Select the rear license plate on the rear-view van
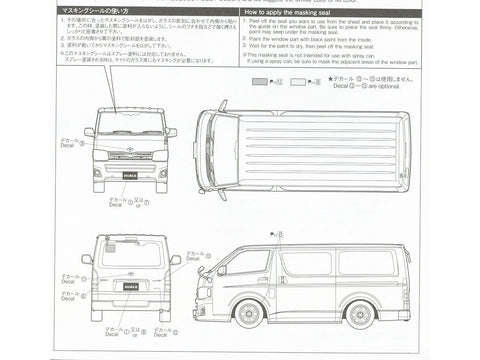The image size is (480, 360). click(x=130, y=297)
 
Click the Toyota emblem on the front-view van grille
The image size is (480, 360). click(x=130, y=152)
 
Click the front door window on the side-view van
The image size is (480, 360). click(x=246, y=263)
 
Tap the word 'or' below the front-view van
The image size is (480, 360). click(x=146, y=204)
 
